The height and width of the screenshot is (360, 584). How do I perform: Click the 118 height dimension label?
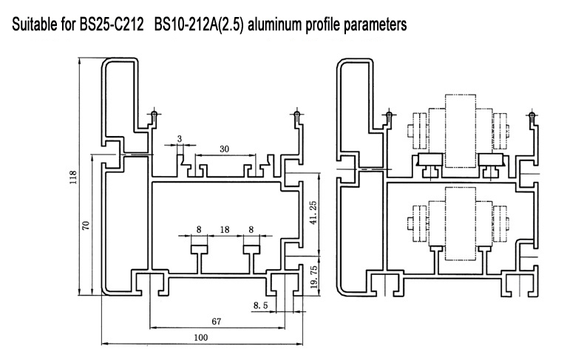click(73, 177)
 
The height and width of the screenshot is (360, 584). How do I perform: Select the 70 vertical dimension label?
click(86, 225)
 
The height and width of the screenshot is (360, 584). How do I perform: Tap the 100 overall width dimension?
click(201, 338)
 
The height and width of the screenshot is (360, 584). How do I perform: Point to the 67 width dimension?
click(217, 322)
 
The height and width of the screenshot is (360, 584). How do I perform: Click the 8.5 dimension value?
click(261, 305)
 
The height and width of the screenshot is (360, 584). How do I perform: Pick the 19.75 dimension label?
click(313, 277)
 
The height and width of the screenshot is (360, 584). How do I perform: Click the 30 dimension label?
click(224, 149)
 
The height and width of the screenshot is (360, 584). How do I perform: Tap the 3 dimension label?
click(180, 139)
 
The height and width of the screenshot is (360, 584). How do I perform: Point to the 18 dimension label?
click(225, 229)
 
